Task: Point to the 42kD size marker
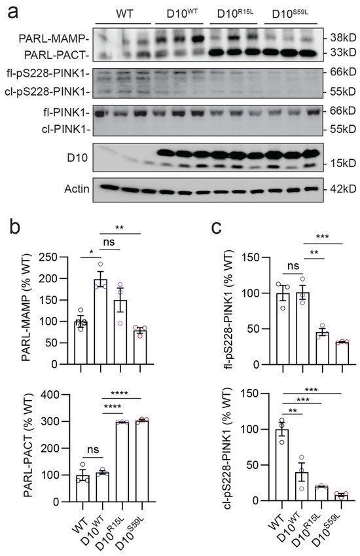[338, 190]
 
